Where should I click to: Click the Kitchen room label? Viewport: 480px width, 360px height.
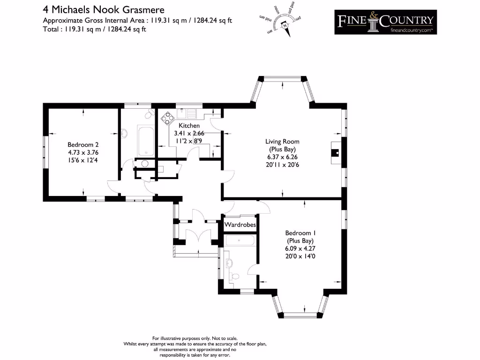click(x=189, y=126)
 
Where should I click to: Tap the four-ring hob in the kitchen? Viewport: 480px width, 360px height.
click(x=166, y=119)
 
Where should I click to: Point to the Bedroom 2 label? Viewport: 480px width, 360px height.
click(x=83, y=145)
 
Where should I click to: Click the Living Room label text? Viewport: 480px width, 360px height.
click(x=282, y=142)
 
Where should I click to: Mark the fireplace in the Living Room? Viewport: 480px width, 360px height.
click(x=336, y=151)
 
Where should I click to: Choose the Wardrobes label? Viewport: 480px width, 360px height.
click(x=240, y=225)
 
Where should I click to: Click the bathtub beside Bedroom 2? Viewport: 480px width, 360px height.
click(x=145, y=140)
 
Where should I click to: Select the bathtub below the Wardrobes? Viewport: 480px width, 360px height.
click(x=240, y=240)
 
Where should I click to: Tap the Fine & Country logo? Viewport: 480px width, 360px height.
click(x=385, y=22)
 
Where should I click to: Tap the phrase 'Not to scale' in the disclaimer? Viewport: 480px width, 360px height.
click(x=224, y=338)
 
